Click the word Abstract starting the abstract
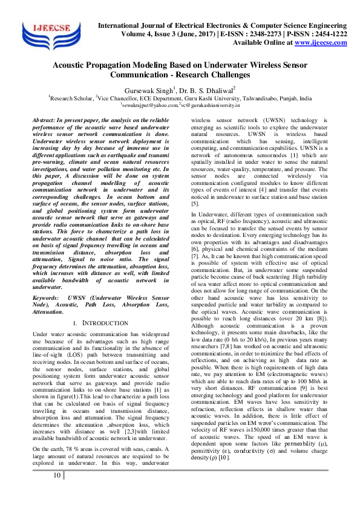(45, 122)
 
